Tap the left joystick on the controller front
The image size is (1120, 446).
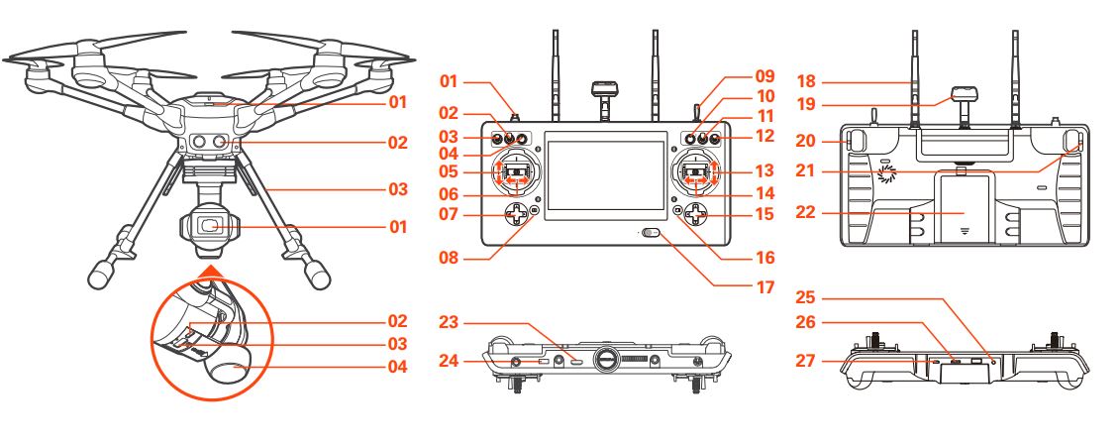point(515,173)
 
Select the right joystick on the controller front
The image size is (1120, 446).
point(697,173)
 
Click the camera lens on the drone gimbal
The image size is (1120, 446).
point(210,226)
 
